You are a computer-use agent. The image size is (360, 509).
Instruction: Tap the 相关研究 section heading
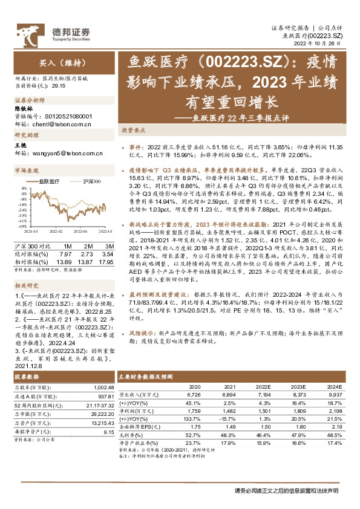(27, 284)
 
